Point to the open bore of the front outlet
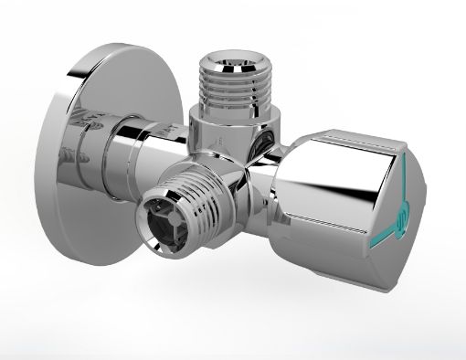[161, 217]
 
